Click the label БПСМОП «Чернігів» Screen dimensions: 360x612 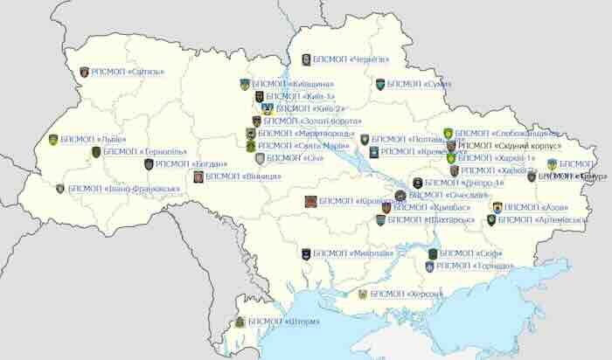(350, 59)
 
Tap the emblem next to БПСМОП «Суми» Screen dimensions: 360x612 (380, 85)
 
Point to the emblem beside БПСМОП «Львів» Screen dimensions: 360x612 (53, 140)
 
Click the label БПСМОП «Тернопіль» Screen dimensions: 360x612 (136, 151)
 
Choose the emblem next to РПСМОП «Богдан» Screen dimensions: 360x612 (149, 163)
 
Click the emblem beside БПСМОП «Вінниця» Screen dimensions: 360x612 (198, 177)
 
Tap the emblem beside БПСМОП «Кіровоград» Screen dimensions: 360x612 (309, 201)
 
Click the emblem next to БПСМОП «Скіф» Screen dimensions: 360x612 (433, 253)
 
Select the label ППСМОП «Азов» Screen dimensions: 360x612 (537, 207)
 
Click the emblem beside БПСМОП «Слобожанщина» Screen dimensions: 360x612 (448, 134)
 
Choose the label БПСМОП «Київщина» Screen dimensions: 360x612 (287, 84)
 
